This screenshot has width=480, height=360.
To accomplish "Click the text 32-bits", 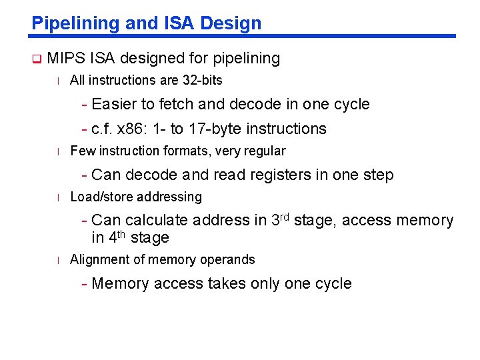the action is (x=203, y=80).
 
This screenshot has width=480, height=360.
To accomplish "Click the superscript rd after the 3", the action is (x=283, y=216).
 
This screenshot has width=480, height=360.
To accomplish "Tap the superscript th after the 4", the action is (x=122, y=233).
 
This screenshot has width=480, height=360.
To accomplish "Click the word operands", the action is (x=231, y=259).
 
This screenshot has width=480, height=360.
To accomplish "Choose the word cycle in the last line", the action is (x=333, y=283).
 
